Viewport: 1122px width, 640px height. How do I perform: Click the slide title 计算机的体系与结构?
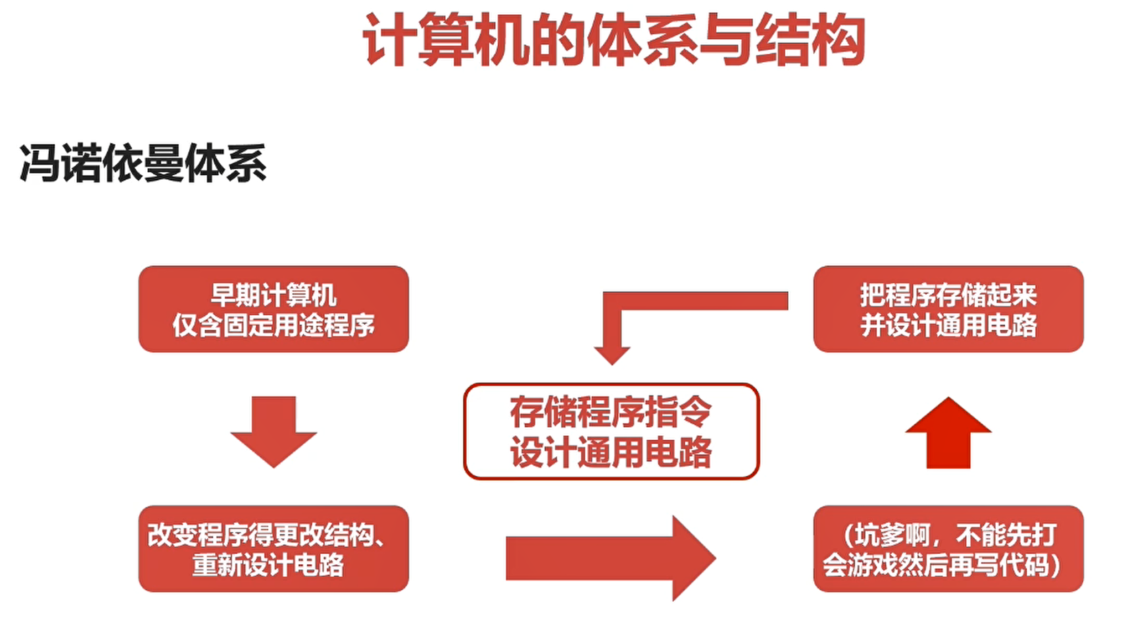(613, 40)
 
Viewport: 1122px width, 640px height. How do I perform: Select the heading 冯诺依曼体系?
(143, 163)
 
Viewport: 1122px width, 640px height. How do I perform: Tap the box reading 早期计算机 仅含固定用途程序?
(273, 309)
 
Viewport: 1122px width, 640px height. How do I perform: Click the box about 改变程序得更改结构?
(273, 548)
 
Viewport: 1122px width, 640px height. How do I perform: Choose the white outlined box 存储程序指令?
(611, 431)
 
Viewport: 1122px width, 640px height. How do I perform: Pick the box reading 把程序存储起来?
(948, 309)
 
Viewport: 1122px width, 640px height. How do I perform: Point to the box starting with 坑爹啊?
(948, 548)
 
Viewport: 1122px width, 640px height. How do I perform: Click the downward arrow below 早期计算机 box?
(273, 430)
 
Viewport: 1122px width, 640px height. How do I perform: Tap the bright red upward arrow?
(948, 433)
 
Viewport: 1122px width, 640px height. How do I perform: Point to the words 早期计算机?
(273, 295)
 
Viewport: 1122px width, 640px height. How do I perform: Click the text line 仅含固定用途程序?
(273, 325)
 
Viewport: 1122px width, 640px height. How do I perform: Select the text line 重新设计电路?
(268, 565)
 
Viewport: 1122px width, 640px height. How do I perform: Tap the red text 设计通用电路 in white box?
(611, 452)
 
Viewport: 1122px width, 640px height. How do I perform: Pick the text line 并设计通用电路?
(948, 325)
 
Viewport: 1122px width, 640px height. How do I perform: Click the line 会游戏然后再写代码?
(941, 565)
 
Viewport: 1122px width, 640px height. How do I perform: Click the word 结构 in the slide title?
(809, 40)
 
